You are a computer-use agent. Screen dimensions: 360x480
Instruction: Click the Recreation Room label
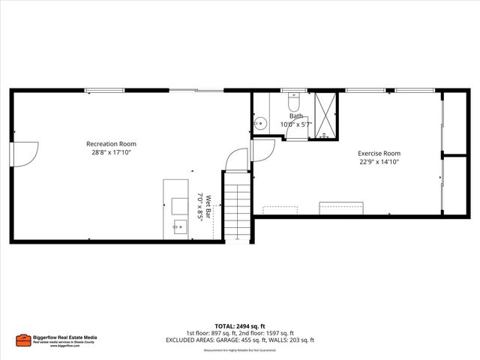tap(111, 143)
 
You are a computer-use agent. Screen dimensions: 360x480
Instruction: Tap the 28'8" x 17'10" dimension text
tap(111, 152)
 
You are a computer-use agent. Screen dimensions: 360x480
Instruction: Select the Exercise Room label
tap(378, 153)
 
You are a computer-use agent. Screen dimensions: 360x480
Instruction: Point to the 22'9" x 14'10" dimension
tap(378, 161)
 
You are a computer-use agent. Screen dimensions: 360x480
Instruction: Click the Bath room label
tap(297, 116)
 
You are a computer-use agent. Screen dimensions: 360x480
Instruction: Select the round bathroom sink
tap(259, 124)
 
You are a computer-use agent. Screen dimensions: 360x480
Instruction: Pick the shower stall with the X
tap(325, 115)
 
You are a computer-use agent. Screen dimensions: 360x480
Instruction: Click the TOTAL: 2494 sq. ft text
tap(239, 326)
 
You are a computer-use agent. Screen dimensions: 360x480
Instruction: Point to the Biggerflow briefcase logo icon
tap(22, 340)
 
